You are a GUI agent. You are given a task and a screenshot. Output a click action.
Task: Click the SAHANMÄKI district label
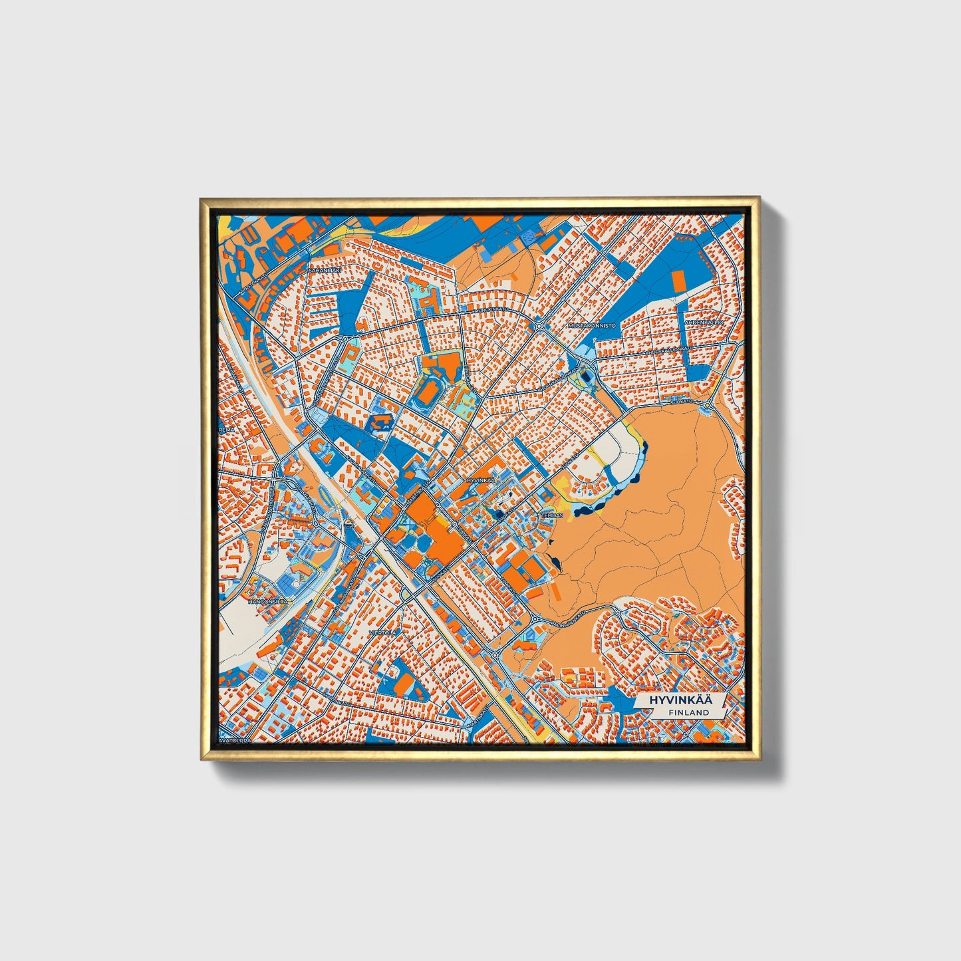[324, 271]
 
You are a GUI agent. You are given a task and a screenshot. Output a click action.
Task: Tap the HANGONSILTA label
[267, 601]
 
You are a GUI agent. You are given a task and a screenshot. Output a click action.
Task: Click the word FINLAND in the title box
[689, 712]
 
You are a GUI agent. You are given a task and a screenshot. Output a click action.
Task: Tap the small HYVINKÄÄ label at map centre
[481, 479]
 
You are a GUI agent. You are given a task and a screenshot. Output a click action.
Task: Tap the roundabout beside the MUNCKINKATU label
[539, 326]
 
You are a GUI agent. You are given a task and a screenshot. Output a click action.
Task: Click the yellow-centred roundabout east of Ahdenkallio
[708, 404]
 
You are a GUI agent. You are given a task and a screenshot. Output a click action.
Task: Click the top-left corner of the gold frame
[201, 198]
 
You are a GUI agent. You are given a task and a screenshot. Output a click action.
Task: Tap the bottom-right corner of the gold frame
[759, 759]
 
